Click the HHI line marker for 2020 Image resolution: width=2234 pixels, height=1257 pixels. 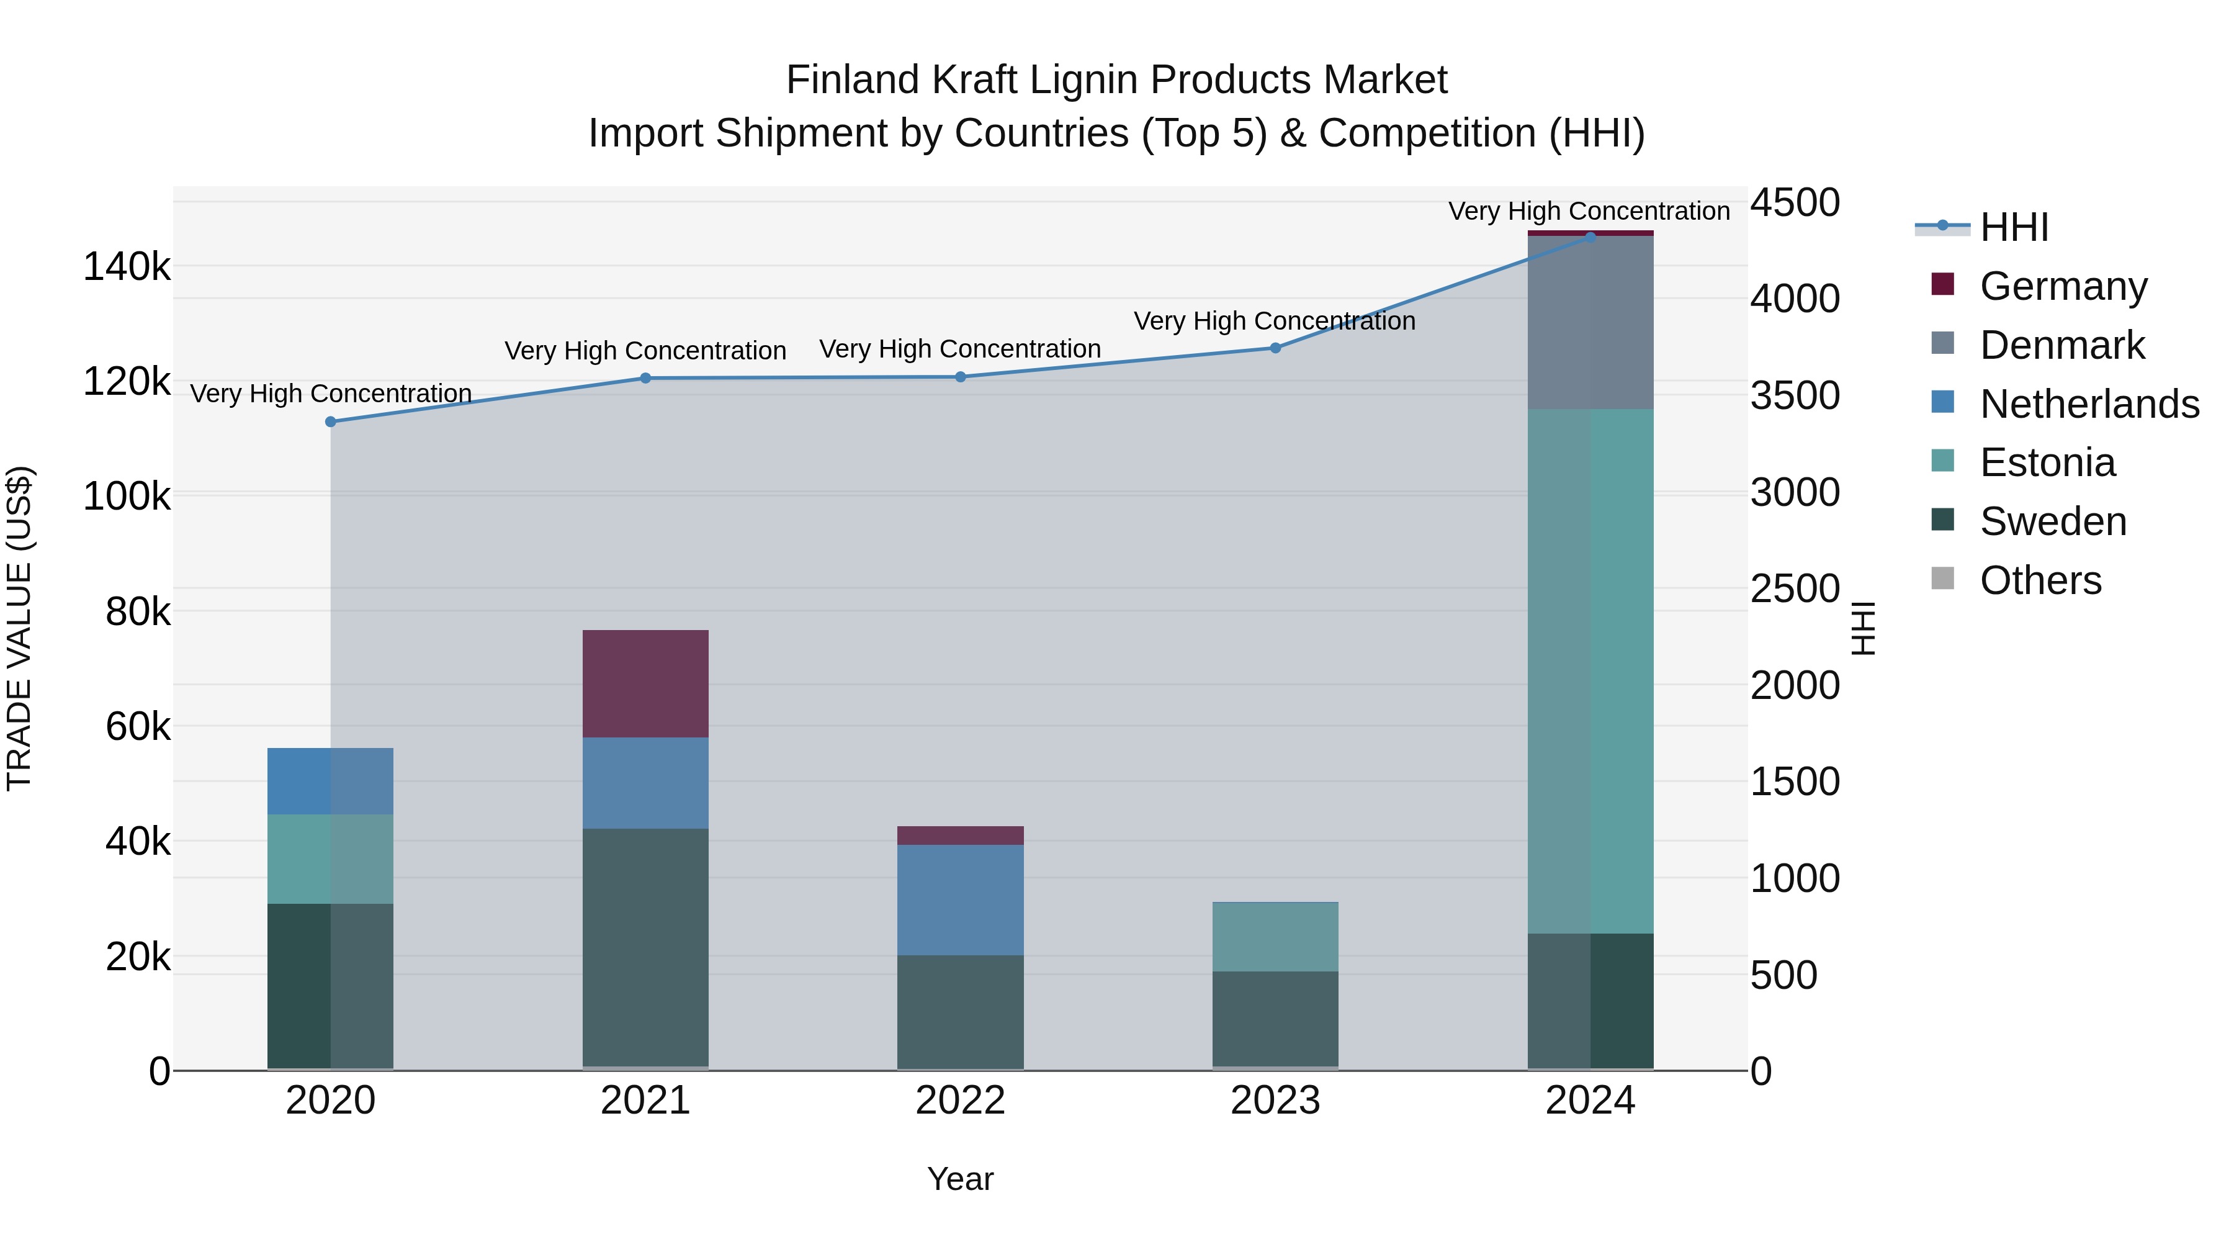[330, 421]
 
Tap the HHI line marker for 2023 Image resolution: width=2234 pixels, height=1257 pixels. [1275, 348]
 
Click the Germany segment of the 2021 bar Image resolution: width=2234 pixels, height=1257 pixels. [645, 683]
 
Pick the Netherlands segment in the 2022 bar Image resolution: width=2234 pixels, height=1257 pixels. [960, 899]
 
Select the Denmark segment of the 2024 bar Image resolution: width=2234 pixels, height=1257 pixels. [1590, 323]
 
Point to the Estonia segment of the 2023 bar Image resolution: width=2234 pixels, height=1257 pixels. [1275, 937]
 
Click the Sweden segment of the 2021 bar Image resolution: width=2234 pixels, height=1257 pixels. [645, 947]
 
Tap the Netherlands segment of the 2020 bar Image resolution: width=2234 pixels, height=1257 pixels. [330, 781]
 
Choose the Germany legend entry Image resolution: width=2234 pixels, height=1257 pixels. [2063, 286]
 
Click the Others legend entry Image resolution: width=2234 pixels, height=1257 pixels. [2040, 580]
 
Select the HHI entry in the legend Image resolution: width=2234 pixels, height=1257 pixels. [2014, 227]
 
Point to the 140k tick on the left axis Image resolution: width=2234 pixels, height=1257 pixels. [127, 266]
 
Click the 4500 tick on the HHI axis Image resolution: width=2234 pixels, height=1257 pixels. [1794, 203]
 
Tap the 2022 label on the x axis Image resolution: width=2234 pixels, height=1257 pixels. [960, 1101]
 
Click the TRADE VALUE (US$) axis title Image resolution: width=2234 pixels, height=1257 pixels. [20, 628]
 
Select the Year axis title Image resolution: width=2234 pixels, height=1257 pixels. [960, 1179]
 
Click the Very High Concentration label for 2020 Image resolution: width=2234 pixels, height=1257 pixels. [330, 394]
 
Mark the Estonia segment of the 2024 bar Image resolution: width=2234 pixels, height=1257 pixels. [1590, 670]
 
